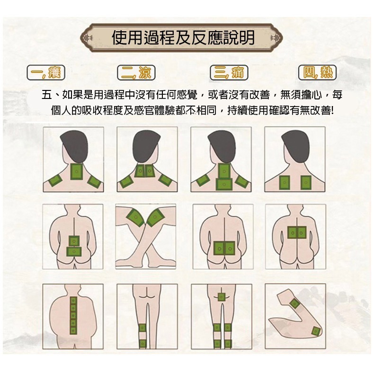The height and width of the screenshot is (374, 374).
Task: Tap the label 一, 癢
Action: (46, 72)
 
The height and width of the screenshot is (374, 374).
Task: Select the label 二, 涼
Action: (136, 72)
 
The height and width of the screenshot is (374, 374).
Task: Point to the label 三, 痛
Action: (229, 72)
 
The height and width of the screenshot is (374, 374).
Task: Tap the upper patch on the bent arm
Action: (294, 303)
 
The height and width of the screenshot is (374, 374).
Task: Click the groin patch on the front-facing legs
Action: (221, 296)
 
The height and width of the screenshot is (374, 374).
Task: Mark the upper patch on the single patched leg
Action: (142, 328)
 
